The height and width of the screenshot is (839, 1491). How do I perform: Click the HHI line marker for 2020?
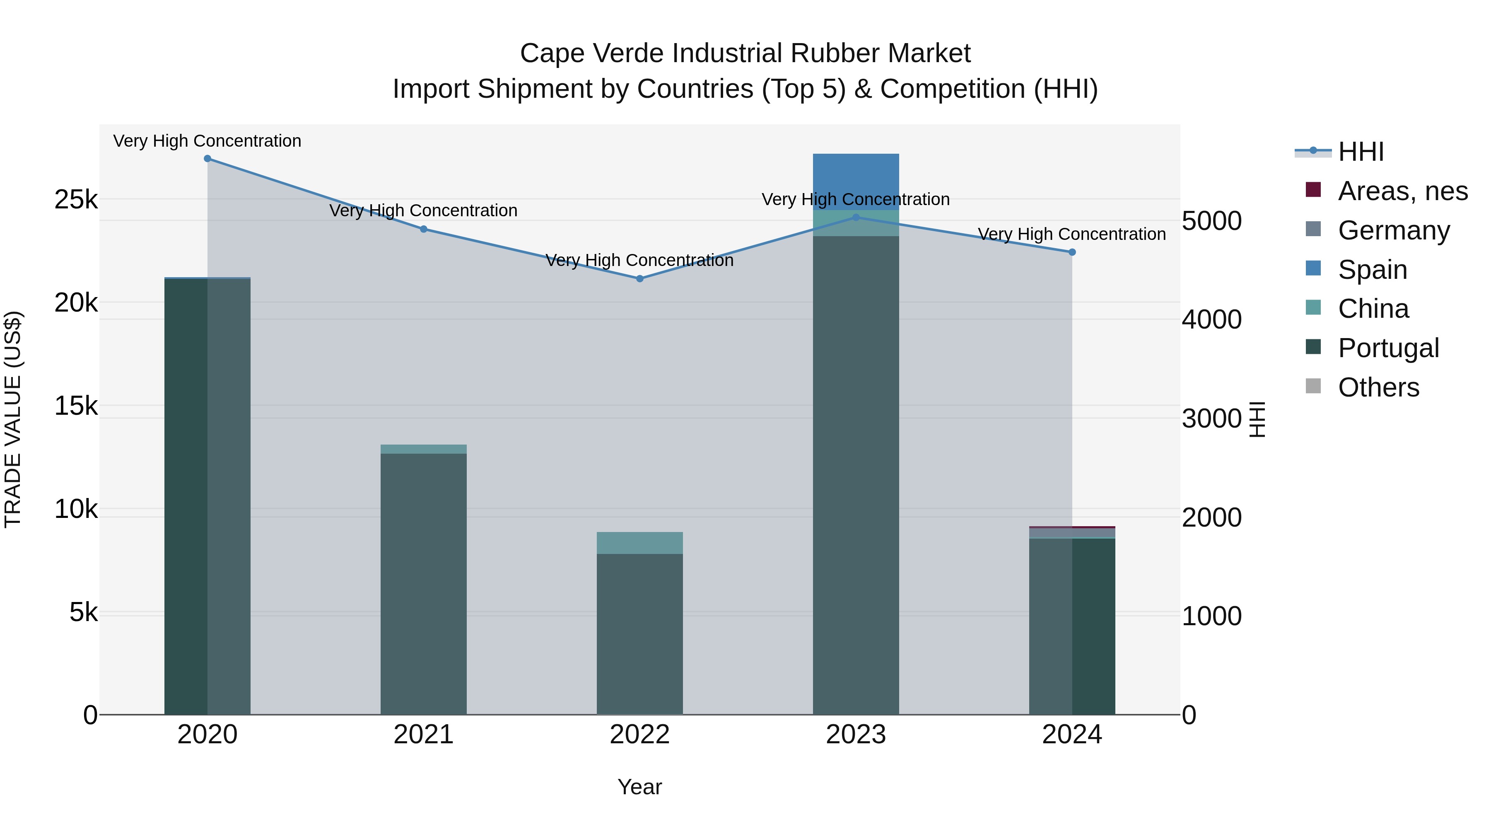pyautogui.click(x=207, y=159)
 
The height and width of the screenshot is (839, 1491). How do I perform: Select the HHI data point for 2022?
pyautogui.click(x=639, y=278)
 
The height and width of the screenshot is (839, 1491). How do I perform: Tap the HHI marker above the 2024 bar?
pyautogui.click(x=1072, y=252)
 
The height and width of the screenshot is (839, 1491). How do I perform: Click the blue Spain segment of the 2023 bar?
pyautogui.click(x=856, y=181)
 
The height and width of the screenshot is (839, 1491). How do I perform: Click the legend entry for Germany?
pyautogui.click(x=1394, y=230)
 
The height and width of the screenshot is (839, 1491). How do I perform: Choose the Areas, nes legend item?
pyautogui.click(x=1402, y=191)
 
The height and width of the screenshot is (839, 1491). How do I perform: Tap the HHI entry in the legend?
pyautogui.click(x=1361, y=152)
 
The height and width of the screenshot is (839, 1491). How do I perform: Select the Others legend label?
pyautogui.click(x=1378, y=387)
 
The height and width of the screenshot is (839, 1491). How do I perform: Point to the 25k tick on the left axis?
pyautogui.click(x=76, y=200)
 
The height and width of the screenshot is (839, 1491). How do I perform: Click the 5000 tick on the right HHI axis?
pyautogui.click(x=1211, y=221)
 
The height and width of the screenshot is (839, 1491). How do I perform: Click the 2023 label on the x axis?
pyautogui.click(x=856, y=735)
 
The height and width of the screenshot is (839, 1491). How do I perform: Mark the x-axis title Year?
pyautogui.click(x=639, y=787)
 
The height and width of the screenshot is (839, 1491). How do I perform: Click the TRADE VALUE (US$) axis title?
pyautogui.click(x=13, y=419)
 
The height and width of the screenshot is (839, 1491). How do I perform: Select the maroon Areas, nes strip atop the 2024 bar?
pyautogui.click(x=1072, y=527)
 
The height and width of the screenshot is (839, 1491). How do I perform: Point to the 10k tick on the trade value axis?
pyautogui.click(x=76, y=510)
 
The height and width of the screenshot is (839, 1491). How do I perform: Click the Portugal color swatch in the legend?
pyautogui.click(x=1313, y=348)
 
